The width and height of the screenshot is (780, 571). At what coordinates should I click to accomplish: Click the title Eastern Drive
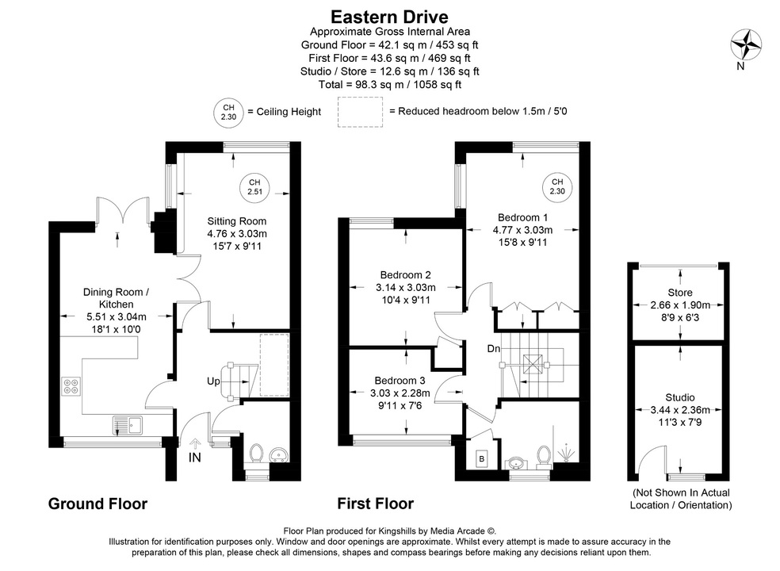[389, 17]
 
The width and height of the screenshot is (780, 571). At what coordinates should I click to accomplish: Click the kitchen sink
[126, 424]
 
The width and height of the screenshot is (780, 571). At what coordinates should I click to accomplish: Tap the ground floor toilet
[256, 454]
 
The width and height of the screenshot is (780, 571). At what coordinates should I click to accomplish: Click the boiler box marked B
[481, 459]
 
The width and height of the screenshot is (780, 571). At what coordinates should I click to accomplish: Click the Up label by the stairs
[213, 382]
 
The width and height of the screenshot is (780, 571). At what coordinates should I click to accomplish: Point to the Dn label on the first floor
[493, 349]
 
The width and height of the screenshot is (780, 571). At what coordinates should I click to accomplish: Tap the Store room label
[679, 293]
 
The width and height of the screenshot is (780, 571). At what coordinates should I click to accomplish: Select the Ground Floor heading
[97, 503]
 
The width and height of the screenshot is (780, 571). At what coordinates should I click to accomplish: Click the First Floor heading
[375, 503]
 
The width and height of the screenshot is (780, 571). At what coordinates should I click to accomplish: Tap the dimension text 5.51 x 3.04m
[115, 316]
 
